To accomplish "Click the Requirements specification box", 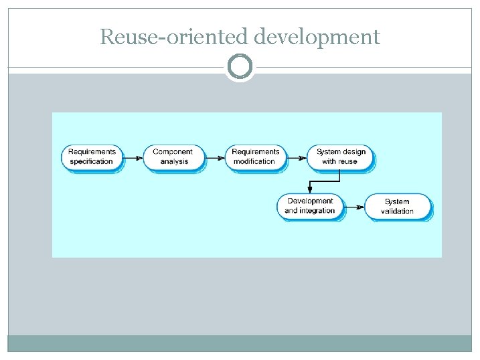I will (92, 157).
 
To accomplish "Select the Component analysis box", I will (173, 157).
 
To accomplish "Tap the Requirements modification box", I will (254, 157).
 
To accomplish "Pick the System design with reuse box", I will (340, 157).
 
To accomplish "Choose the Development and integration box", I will (310, 206).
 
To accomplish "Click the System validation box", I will (397, 206).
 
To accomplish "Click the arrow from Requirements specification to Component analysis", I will (133, 158).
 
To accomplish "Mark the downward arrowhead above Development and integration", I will (309, 189).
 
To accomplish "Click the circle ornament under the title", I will (240, 67).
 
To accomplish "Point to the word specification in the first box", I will (92, 162).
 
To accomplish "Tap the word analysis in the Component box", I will (174, 162).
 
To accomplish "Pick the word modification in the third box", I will (254, 162).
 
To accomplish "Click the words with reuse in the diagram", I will (340, 162).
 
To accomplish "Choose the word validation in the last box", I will (397, 211).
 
